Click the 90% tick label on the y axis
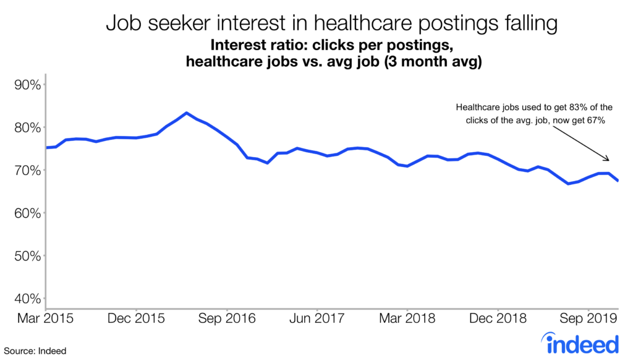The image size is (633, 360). [x=27, y=85]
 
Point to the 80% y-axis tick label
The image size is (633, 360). [x=27, y=128]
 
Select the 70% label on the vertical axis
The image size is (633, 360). [x=27, y=171]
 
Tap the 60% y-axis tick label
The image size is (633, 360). [x=27, y=213]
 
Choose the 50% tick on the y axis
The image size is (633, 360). [x=27, y=256]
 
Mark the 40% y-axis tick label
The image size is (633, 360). [x=27, y=299]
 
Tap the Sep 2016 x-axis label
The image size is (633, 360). [x=227, y=319]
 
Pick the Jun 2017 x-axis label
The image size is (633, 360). [x=316, y=319]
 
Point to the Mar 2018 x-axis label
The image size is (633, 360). [x=407, y=319]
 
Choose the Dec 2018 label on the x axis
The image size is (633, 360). [x=498, y=319]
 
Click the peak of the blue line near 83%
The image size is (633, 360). [x=186, y=113]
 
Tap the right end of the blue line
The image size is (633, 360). [x=618, y=180]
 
